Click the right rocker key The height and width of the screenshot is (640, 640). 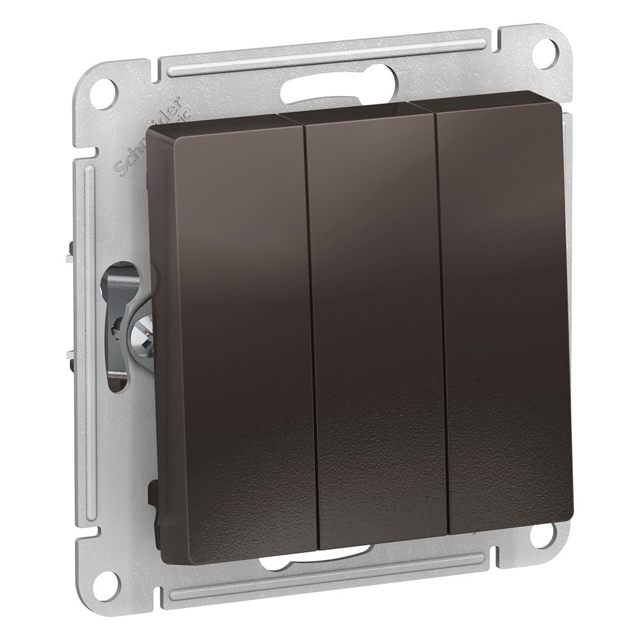[506, 314]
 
